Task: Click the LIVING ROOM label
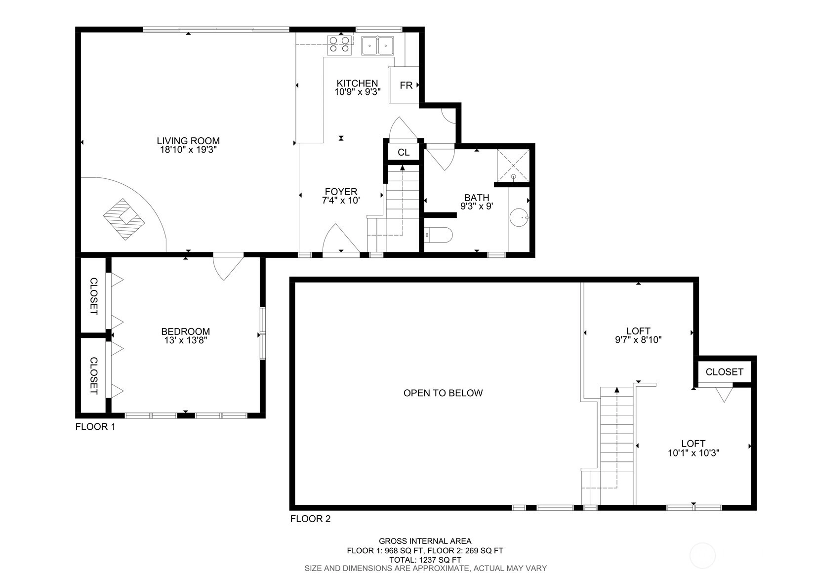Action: click(188, 141)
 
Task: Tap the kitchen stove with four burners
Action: click(339, 45)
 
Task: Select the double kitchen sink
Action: click(377, 45)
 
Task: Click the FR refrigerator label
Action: click(406, 85)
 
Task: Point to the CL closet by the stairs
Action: click(404, 152)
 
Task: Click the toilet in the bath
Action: click(438, 235)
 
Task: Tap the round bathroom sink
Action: click(519, 217)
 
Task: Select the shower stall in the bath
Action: click(513, 165)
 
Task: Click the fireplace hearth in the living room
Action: click(124, 219)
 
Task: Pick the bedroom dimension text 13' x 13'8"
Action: click(185, 340)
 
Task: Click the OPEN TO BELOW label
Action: click(443, 393)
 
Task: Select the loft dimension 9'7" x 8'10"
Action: click(638, 340)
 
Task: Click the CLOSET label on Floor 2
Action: click(724, 372)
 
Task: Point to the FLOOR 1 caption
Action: click(95, 427)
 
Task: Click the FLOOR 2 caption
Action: click(310, 519)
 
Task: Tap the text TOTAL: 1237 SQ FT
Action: click(425, 560)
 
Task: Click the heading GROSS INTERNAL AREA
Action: click(425, 541)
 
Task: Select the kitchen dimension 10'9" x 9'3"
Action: click(357, 92)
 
